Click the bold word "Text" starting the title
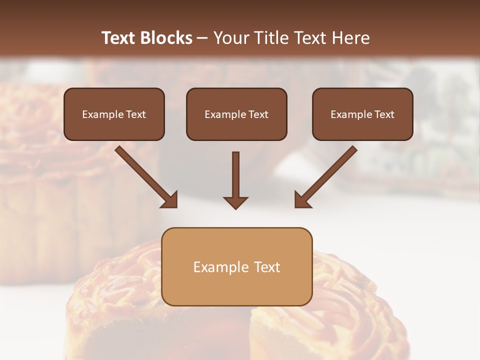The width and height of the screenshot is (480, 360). [x=119, y=38]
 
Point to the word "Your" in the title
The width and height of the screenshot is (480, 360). [x=231, y=38]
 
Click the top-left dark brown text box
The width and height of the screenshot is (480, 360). [x=114, y=114]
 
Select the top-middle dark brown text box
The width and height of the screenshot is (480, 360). [x=236, y=114]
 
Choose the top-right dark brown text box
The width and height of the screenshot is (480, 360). [x=362, y=114]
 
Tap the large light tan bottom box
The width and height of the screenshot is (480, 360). [x=237, y=266]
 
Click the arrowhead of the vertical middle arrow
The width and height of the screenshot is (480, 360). [x=235, y=202]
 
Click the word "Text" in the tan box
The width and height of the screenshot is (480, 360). [x=267, y=267]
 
